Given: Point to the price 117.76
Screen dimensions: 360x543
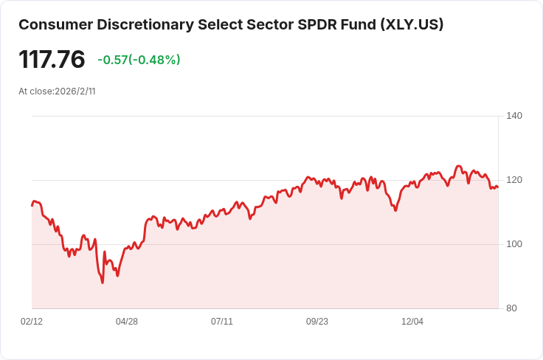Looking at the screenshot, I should (x=52, y=60).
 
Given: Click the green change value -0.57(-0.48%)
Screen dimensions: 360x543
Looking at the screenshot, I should (x=139, y=60).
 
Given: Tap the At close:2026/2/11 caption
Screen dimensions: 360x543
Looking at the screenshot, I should (x=57, y=91).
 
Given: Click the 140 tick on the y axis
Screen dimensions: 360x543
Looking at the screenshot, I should (x=514, y=116).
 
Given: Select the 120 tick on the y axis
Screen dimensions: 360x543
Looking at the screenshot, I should (x=514, y=180).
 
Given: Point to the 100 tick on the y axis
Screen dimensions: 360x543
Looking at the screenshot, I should (x=514, y=244).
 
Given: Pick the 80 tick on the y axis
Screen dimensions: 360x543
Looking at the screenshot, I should (x=511, y=308).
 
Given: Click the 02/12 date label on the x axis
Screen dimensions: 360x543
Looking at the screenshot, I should (x=32, y=322).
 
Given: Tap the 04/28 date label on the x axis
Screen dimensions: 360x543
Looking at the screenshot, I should (x=127, y=322).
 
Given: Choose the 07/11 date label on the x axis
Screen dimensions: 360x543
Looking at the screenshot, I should (x=222, y=322).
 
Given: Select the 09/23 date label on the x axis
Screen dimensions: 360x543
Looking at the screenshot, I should (x=317, y=322).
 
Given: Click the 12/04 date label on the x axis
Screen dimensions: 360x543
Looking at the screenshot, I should (x=412, y=322).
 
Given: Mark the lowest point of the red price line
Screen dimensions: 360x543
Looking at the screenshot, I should (x=103, y=283).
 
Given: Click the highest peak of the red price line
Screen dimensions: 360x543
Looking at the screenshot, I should (x=459, y=166).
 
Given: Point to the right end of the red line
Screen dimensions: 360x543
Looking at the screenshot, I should (x=498, y=187).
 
